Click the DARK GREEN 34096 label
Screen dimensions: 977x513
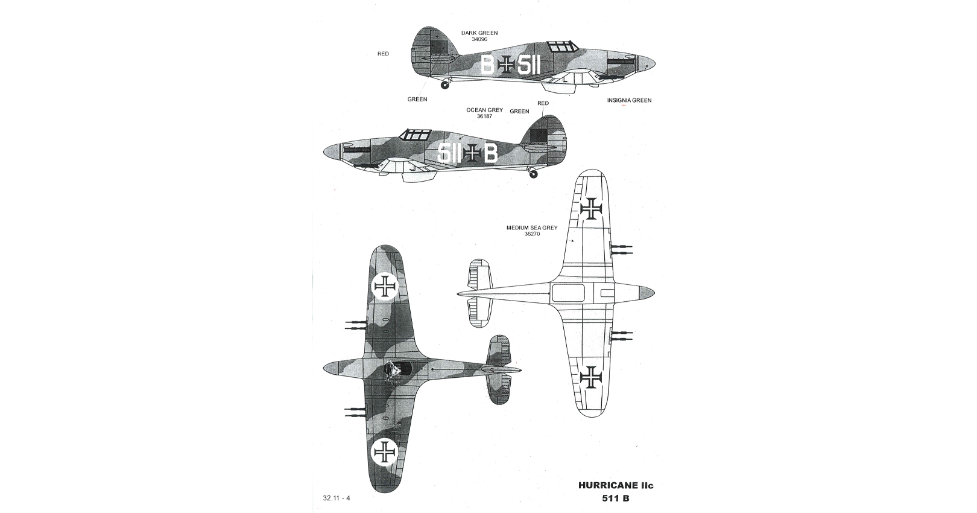(x=479, y=36)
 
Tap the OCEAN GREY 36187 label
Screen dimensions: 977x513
(x=484, y=113)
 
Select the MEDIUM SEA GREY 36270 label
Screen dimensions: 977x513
(x=532, y=231)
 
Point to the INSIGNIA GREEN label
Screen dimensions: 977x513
(x=629, y=100)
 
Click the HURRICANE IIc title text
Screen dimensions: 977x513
(x=616, y=485)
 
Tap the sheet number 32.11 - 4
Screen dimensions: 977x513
(x=337, y=498)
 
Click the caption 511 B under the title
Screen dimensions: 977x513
(x=616, y=499)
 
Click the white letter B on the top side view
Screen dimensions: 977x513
(x=487, y=66)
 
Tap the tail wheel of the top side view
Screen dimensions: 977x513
(x=444, y=84)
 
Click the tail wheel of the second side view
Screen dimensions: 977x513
(x=533, y=174)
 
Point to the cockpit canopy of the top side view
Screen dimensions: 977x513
(x=563, y=46)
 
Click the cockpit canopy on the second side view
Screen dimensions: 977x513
(x=416, y=135)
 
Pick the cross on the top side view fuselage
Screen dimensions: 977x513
(x=506, y=66)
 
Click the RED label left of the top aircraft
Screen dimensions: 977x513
(x=383, y=54)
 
